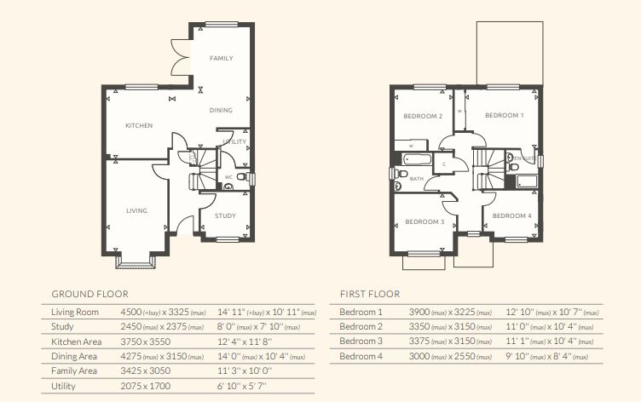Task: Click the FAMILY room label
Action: (222, 58)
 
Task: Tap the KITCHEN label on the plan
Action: (139, 126)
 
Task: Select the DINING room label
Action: (222, 111)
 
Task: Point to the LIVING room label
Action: (136, 210)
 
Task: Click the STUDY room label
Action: (225, 216)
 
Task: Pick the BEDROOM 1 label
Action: (505, 115)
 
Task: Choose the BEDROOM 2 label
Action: (423, 116)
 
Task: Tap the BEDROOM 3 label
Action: (424, 221)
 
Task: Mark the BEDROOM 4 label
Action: (511, 215)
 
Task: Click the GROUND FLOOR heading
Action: (90, 292)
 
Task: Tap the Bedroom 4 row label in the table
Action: (361, 356)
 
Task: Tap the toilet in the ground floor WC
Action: (241, 177)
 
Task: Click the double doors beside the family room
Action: (181, 57)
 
